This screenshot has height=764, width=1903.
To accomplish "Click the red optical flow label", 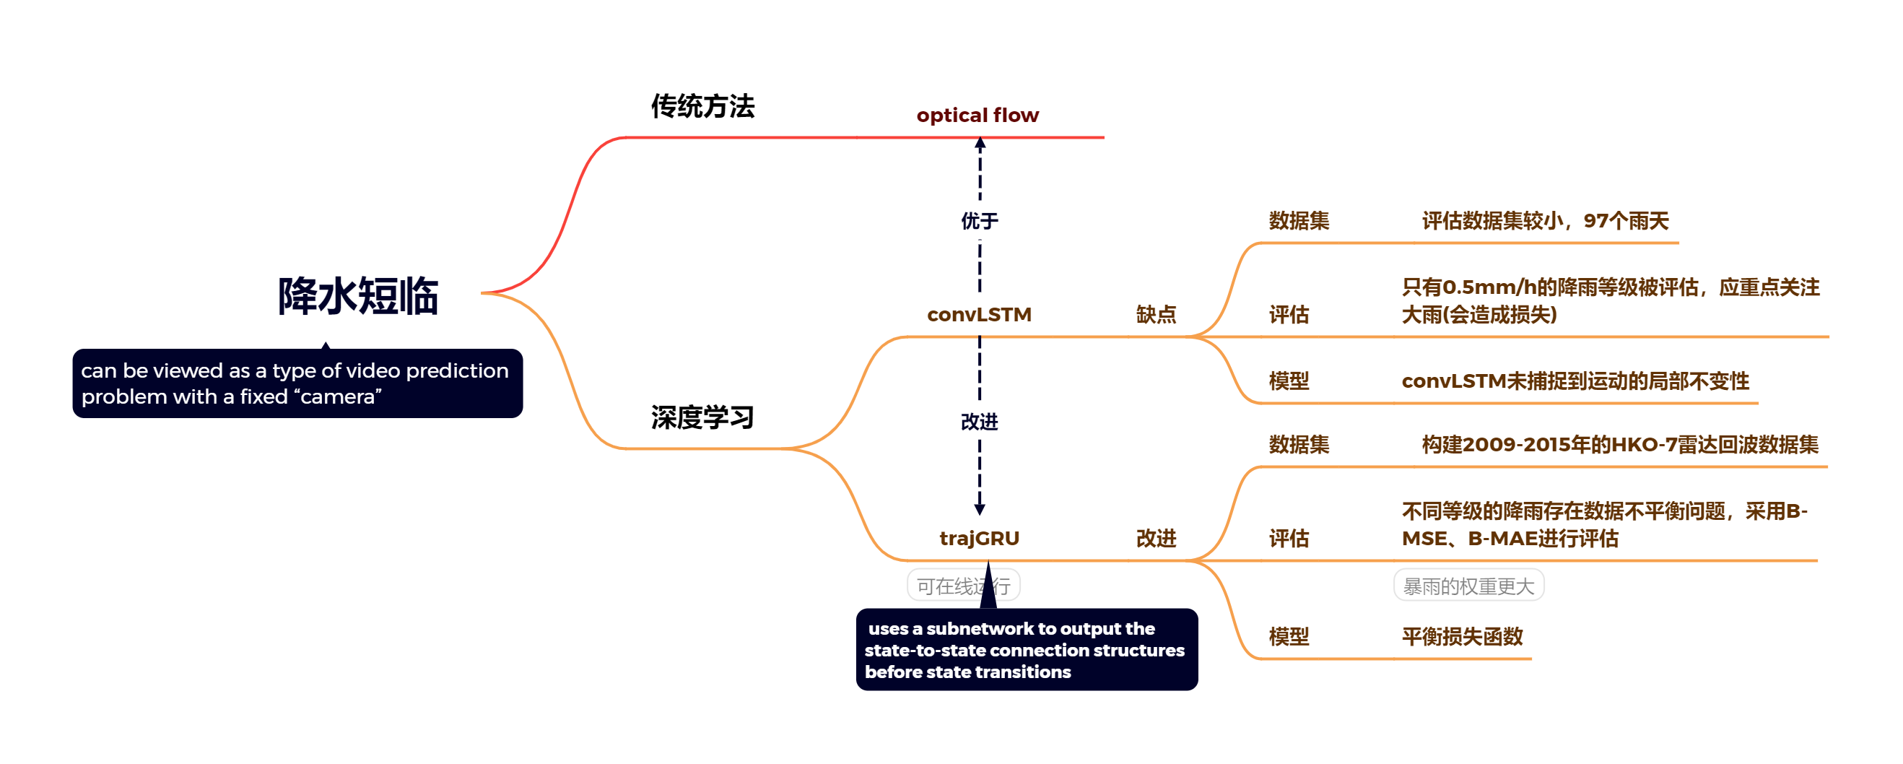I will (x=977, y=116).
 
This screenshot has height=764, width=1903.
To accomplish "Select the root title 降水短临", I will (x=358, y=296).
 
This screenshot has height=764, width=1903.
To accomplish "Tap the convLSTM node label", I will (x=979, y=315).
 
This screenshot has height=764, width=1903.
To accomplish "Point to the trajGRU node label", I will (x=979, y=539).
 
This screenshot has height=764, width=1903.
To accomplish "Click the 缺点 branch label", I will (x=1155, y=315).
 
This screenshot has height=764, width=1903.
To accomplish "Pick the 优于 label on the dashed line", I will (x=979, y=220).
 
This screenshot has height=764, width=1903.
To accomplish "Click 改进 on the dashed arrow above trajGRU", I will (x=979, y=422).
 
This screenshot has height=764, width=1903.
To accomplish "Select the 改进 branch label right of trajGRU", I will (x=1155, y=539).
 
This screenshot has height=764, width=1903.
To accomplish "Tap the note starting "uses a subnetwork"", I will (x=1026, y=650).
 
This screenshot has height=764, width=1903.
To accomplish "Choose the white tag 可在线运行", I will (x=963, y=586).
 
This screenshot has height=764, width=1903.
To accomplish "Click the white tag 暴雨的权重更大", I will (x=1468, y=586).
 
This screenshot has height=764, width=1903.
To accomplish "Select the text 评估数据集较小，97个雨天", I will (x=1545, y=221).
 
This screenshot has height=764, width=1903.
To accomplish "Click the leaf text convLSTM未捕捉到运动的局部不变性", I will (x=1575, y=381).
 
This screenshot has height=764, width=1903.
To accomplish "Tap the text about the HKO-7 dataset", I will (x=1619, y=445).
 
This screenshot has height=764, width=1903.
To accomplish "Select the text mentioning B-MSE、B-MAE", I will (x=1604, y=524).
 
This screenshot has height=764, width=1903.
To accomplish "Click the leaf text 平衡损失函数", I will (x=1462, y=636).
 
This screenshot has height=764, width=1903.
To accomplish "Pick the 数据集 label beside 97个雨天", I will (x=1299, y=221).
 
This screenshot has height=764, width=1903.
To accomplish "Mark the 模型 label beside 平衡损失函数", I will (x=1289, y=636).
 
